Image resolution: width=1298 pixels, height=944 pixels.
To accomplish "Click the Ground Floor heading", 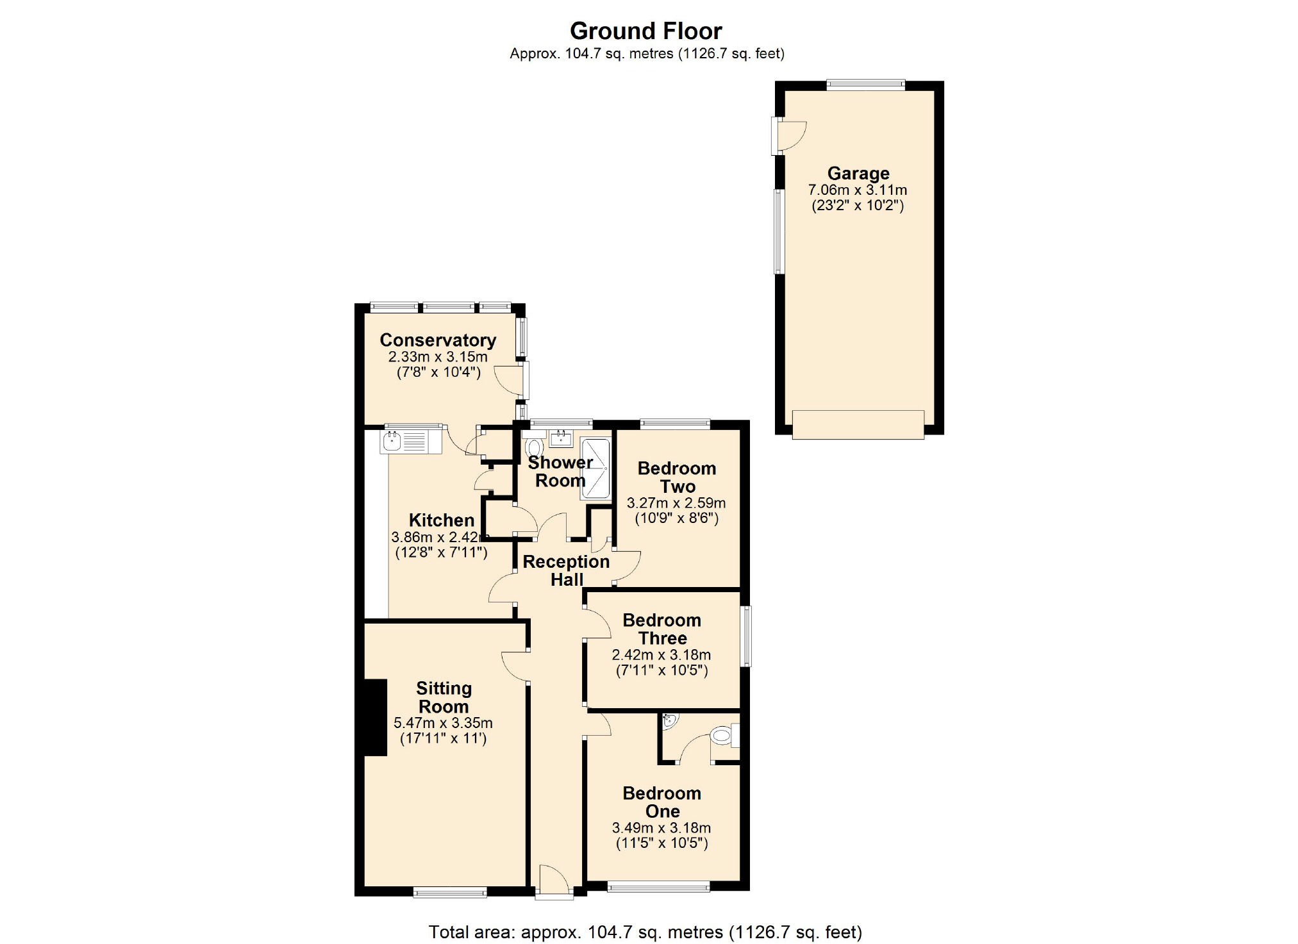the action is (645, 31).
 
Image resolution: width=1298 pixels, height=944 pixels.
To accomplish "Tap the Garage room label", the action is (858, 173).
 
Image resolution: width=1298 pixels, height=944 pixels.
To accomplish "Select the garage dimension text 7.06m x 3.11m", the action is (858, 190).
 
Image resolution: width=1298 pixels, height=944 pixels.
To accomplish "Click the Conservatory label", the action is (438, 340).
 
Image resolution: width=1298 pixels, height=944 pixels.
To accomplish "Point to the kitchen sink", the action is (411, 441).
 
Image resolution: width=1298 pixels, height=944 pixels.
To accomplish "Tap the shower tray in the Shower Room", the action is (595, 469).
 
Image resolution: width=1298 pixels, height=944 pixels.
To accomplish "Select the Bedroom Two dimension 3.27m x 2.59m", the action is (676, 503).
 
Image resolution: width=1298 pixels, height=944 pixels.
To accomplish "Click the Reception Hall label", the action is (567, 570).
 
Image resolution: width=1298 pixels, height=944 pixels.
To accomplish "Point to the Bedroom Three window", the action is (746, 636).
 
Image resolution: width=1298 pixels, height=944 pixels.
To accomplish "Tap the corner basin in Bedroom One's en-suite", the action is (669, 722).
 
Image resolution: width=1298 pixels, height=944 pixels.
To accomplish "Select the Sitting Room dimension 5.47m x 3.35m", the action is (443, 723).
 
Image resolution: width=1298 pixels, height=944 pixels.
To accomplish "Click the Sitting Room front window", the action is (450, 892).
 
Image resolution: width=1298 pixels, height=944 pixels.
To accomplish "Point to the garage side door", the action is (788, 136).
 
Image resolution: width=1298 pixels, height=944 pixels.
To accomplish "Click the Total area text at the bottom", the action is (645, 932).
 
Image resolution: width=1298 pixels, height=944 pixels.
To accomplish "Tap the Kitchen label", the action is (442, 520).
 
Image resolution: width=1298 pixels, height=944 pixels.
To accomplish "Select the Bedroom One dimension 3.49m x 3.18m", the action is (661, 828).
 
